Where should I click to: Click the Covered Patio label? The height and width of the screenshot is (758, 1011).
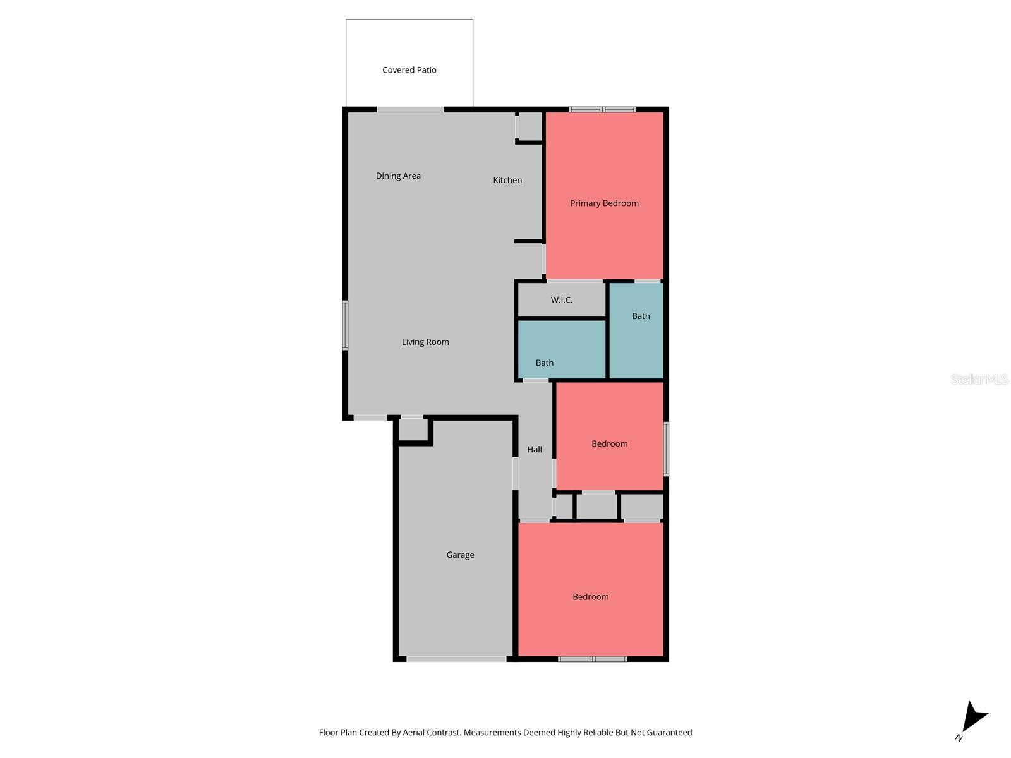(x=409, y=70)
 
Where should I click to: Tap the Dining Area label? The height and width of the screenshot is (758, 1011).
(x=398, y=176)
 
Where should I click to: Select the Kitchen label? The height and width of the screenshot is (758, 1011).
(x=507, y=181)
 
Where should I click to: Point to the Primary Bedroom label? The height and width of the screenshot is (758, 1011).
(x=604, y=203)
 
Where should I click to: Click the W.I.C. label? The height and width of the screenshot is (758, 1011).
(x=561, y=300)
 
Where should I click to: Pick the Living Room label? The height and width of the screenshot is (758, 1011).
(x=425, y=342)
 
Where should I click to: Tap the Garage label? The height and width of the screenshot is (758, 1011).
(x=460, y=555)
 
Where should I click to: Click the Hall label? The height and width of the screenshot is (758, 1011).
(x=535, y=450)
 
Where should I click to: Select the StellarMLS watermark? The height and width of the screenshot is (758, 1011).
(x=979, y=379)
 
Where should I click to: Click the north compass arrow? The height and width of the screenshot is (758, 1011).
(x=973, y=719)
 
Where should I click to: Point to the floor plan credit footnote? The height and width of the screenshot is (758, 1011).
(x=505, y=733)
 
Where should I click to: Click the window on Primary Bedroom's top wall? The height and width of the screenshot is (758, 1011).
(x=602, y=110)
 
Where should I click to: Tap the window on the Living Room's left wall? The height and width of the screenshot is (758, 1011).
(x=345, y=325)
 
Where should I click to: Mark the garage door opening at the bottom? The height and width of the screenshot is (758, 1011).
(x=456, y=659)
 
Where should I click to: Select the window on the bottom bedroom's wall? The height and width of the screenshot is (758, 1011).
(x=592, y=659)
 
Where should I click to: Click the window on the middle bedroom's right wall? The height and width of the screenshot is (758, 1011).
(x=666, y=448)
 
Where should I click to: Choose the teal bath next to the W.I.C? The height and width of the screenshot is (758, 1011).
(x=636, y=330)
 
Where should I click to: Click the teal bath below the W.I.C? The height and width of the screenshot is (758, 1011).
(x=561, y=349)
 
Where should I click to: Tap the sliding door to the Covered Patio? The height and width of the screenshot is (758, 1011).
(x=410, y=110)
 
